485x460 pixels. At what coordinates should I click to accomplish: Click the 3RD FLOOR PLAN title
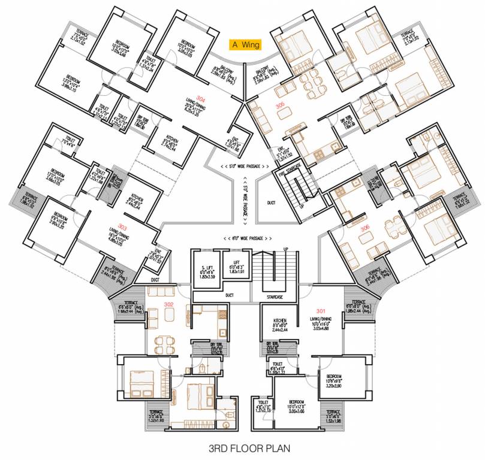[243, 447]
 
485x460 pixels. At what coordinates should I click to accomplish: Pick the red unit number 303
[122, 227]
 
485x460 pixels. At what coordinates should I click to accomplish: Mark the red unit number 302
[168, 304]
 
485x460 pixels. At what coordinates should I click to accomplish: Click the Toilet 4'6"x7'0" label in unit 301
[262, 406]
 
